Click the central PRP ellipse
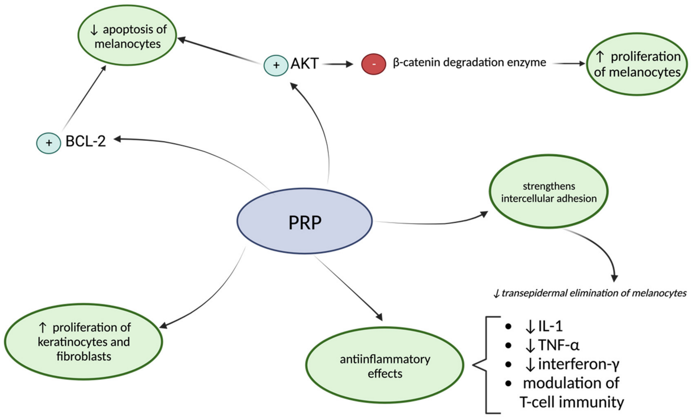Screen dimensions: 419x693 click(x=304, y=221)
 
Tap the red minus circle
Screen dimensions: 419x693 click(x=373, y=64)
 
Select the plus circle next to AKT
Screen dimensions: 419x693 click(x=276, y=65)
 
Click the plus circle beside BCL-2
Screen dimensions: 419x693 click(x=49, y=143)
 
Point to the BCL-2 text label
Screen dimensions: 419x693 click(x=86, y=141)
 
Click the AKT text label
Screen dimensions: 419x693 click(x=304, y=63)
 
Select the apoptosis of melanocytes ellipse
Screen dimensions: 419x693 click(x=127, y=35)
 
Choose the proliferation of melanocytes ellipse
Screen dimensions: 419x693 click(x=637, y=64)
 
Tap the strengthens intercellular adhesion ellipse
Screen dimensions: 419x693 click(x=548, y=192)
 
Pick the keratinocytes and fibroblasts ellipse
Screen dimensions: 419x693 click(x=84, y=341)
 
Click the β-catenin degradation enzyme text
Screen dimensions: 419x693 click(x=469, y=62)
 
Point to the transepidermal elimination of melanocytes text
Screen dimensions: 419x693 click(x=590, y=293)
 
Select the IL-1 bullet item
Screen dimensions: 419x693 click(x=544, y=326)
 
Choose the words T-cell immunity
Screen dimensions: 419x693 click(x=571, y=402)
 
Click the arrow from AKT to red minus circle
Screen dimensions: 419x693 click(x=338, y=64)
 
